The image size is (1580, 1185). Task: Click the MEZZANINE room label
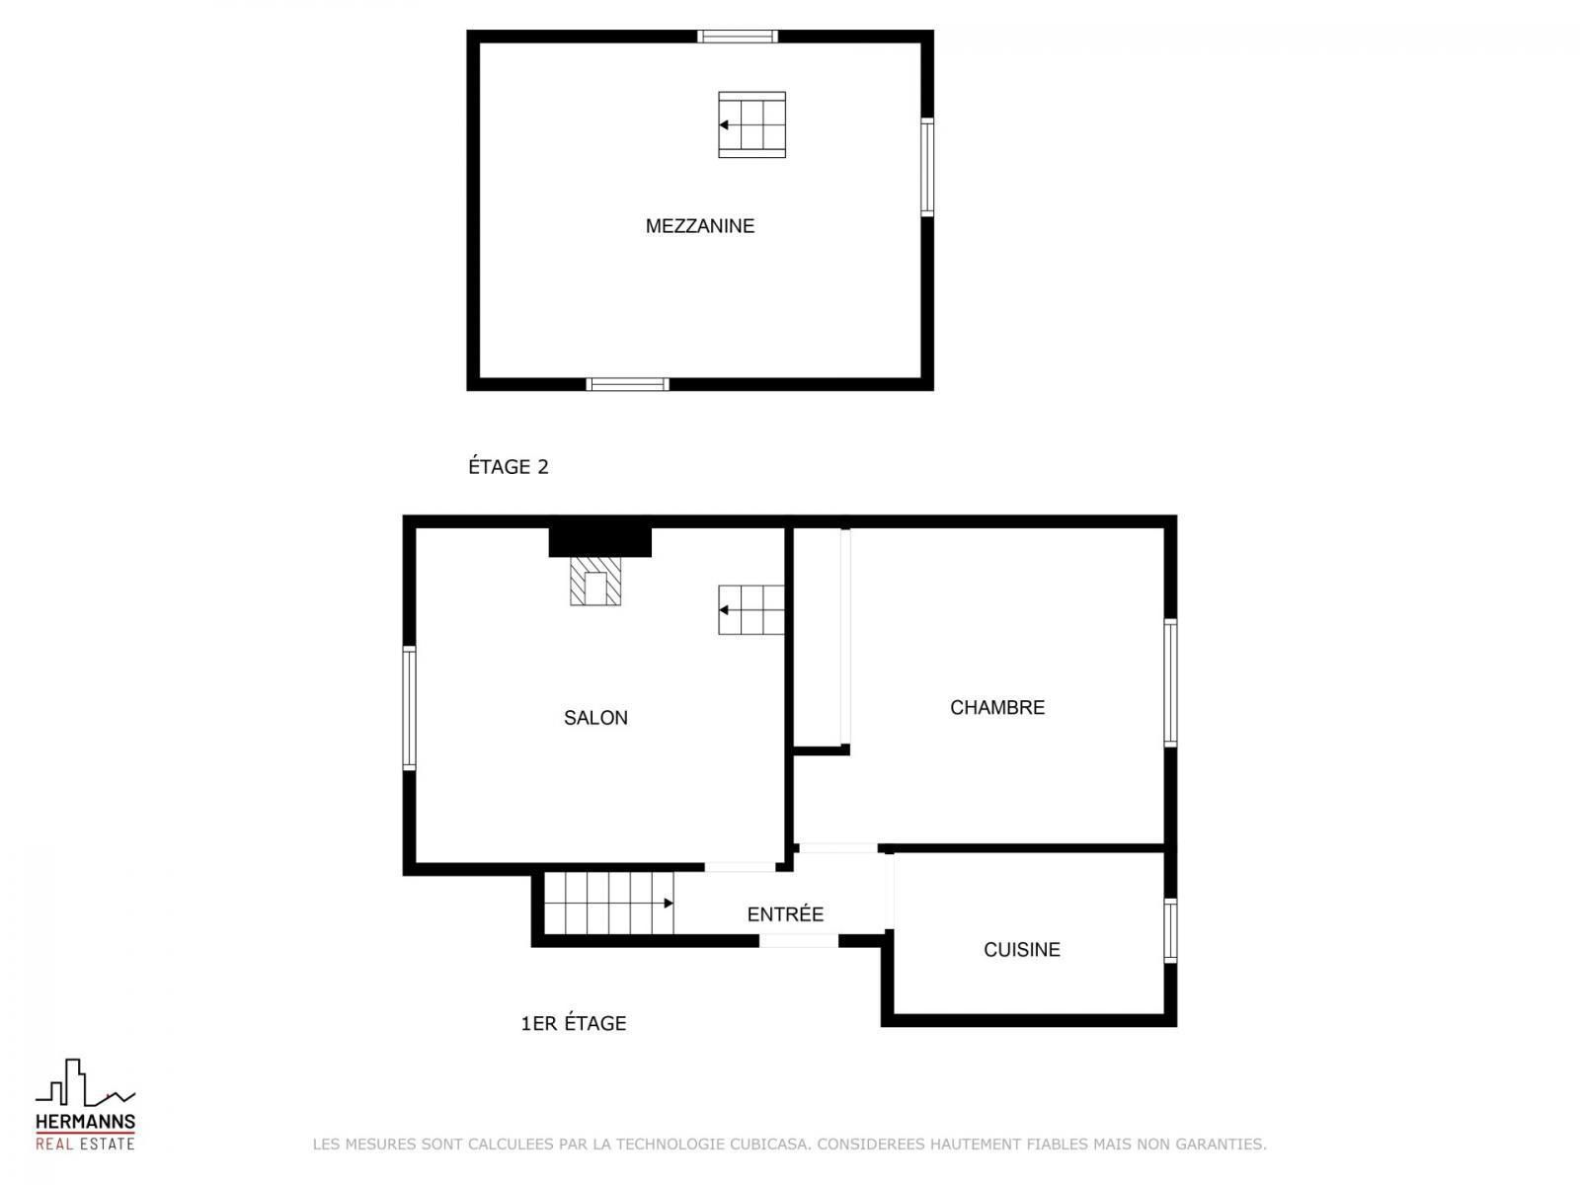tap(700, 226)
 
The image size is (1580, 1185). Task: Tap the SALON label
tap(595, 717)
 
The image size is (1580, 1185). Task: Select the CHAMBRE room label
tap(997, 707)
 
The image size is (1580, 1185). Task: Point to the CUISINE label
tap(1021, 949)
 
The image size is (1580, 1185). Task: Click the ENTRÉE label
tap(785, 913)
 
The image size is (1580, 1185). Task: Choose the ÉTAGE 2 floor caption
tap(509, 466)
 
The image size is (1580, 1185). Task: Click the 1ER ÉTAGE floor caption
tap(573, 1022)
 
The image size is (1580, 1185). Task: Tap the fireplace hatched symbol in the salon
tap(595, 581)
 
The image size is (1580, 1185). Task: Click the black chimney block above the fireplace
tap(599, 542)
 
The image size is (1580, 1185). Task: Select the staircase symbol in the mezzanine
tap(751, 124)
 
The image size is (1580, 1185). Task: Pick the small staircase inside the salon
tap(750, 610)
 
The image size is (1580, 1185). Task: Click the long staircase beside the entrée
tap(608, 903)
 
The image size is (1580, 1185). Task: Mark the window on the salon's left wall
tap(409, 708)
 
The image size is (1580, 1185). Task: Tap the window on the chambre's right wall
tap(1170, 682)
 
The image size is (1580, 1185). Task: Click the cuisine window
tap(1170, 930)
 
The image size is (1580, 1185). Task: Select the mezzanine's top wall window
tap(738, 36)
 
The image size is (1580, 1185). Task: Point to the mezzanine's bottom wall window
tap(627, 384)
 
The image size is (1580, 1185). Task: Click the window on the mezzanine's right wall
tap(927, 167)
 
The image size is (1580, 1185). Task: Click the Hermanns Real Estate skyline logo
tap(85, 1103)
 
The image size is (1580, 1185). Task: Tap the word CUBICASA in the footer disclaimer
tap(769, 1144)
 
